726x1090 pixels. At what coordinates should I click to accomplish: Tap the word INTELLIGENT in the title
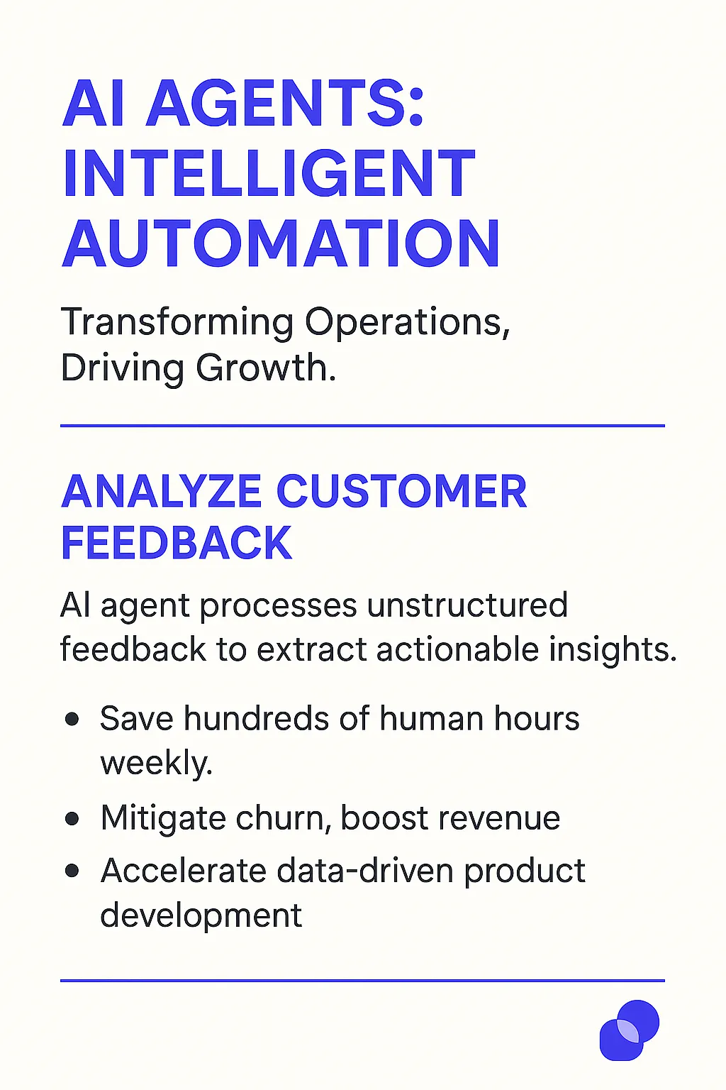tap(269, 172)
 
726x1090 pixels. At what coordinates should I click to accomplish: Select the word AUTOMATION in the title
tap(281, 243)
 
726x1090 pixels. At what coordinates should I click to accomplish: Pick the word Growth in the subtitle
tap(266, 368)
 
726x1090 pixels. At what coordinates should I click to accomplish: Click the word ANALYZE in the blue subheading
tap(162, 492)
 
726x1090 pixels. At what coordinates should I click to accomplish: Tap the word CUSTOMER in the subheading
tap(402, 492)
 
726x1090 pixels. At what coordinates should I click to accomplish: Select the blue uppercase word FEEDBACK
tap(177, 543)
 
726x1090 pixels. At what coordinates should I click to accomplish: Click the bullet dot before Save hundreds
tap(72, 719)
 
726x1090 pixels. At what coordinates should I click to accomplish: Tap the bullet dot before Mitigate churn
tap(72, 818)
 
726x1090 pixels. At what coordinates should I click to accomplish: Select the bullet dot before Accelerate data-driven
tap(72, 871)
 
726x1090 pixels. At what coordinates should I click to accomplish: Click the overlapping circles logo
tap(630, 1030)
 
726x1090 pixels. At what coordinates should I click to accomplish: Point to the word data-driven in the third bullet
tap(365, 870)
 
